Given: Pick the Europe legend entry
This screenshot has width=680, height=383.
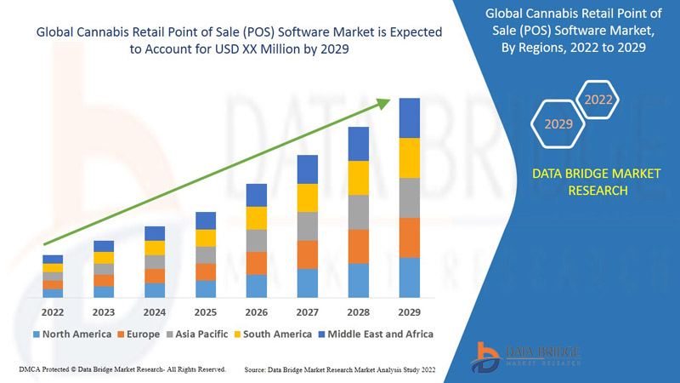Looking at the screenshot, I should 139,334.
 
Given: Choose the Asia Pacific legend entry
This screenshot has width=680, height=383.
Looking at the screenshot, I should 197,334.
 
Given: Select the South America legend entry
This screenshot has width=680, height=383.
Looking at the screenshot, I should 275,334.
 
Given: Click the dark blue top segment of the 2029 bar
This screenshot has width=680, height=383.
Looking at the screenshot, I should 410,117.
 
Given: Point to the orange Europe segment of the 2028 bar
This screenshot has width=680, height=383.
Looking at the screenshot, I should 359,246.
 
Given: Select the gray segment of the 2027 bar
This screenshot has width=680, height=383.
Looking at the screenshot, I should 308,226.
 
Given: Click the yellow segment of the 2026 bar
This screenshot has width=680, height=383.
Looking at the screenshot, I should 257,218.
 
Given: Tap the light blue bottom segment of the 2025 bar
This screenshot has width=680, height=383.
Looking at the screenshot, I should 206,289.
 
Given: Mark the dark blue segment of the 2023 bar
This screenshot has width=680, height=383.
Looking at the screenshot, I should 104,246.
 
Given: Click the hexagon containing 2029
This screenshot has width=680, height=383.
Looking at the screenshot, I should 558,124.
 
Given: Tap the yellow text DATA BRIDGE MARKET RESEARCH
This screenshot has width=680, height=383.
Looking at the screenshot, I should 583,182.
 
